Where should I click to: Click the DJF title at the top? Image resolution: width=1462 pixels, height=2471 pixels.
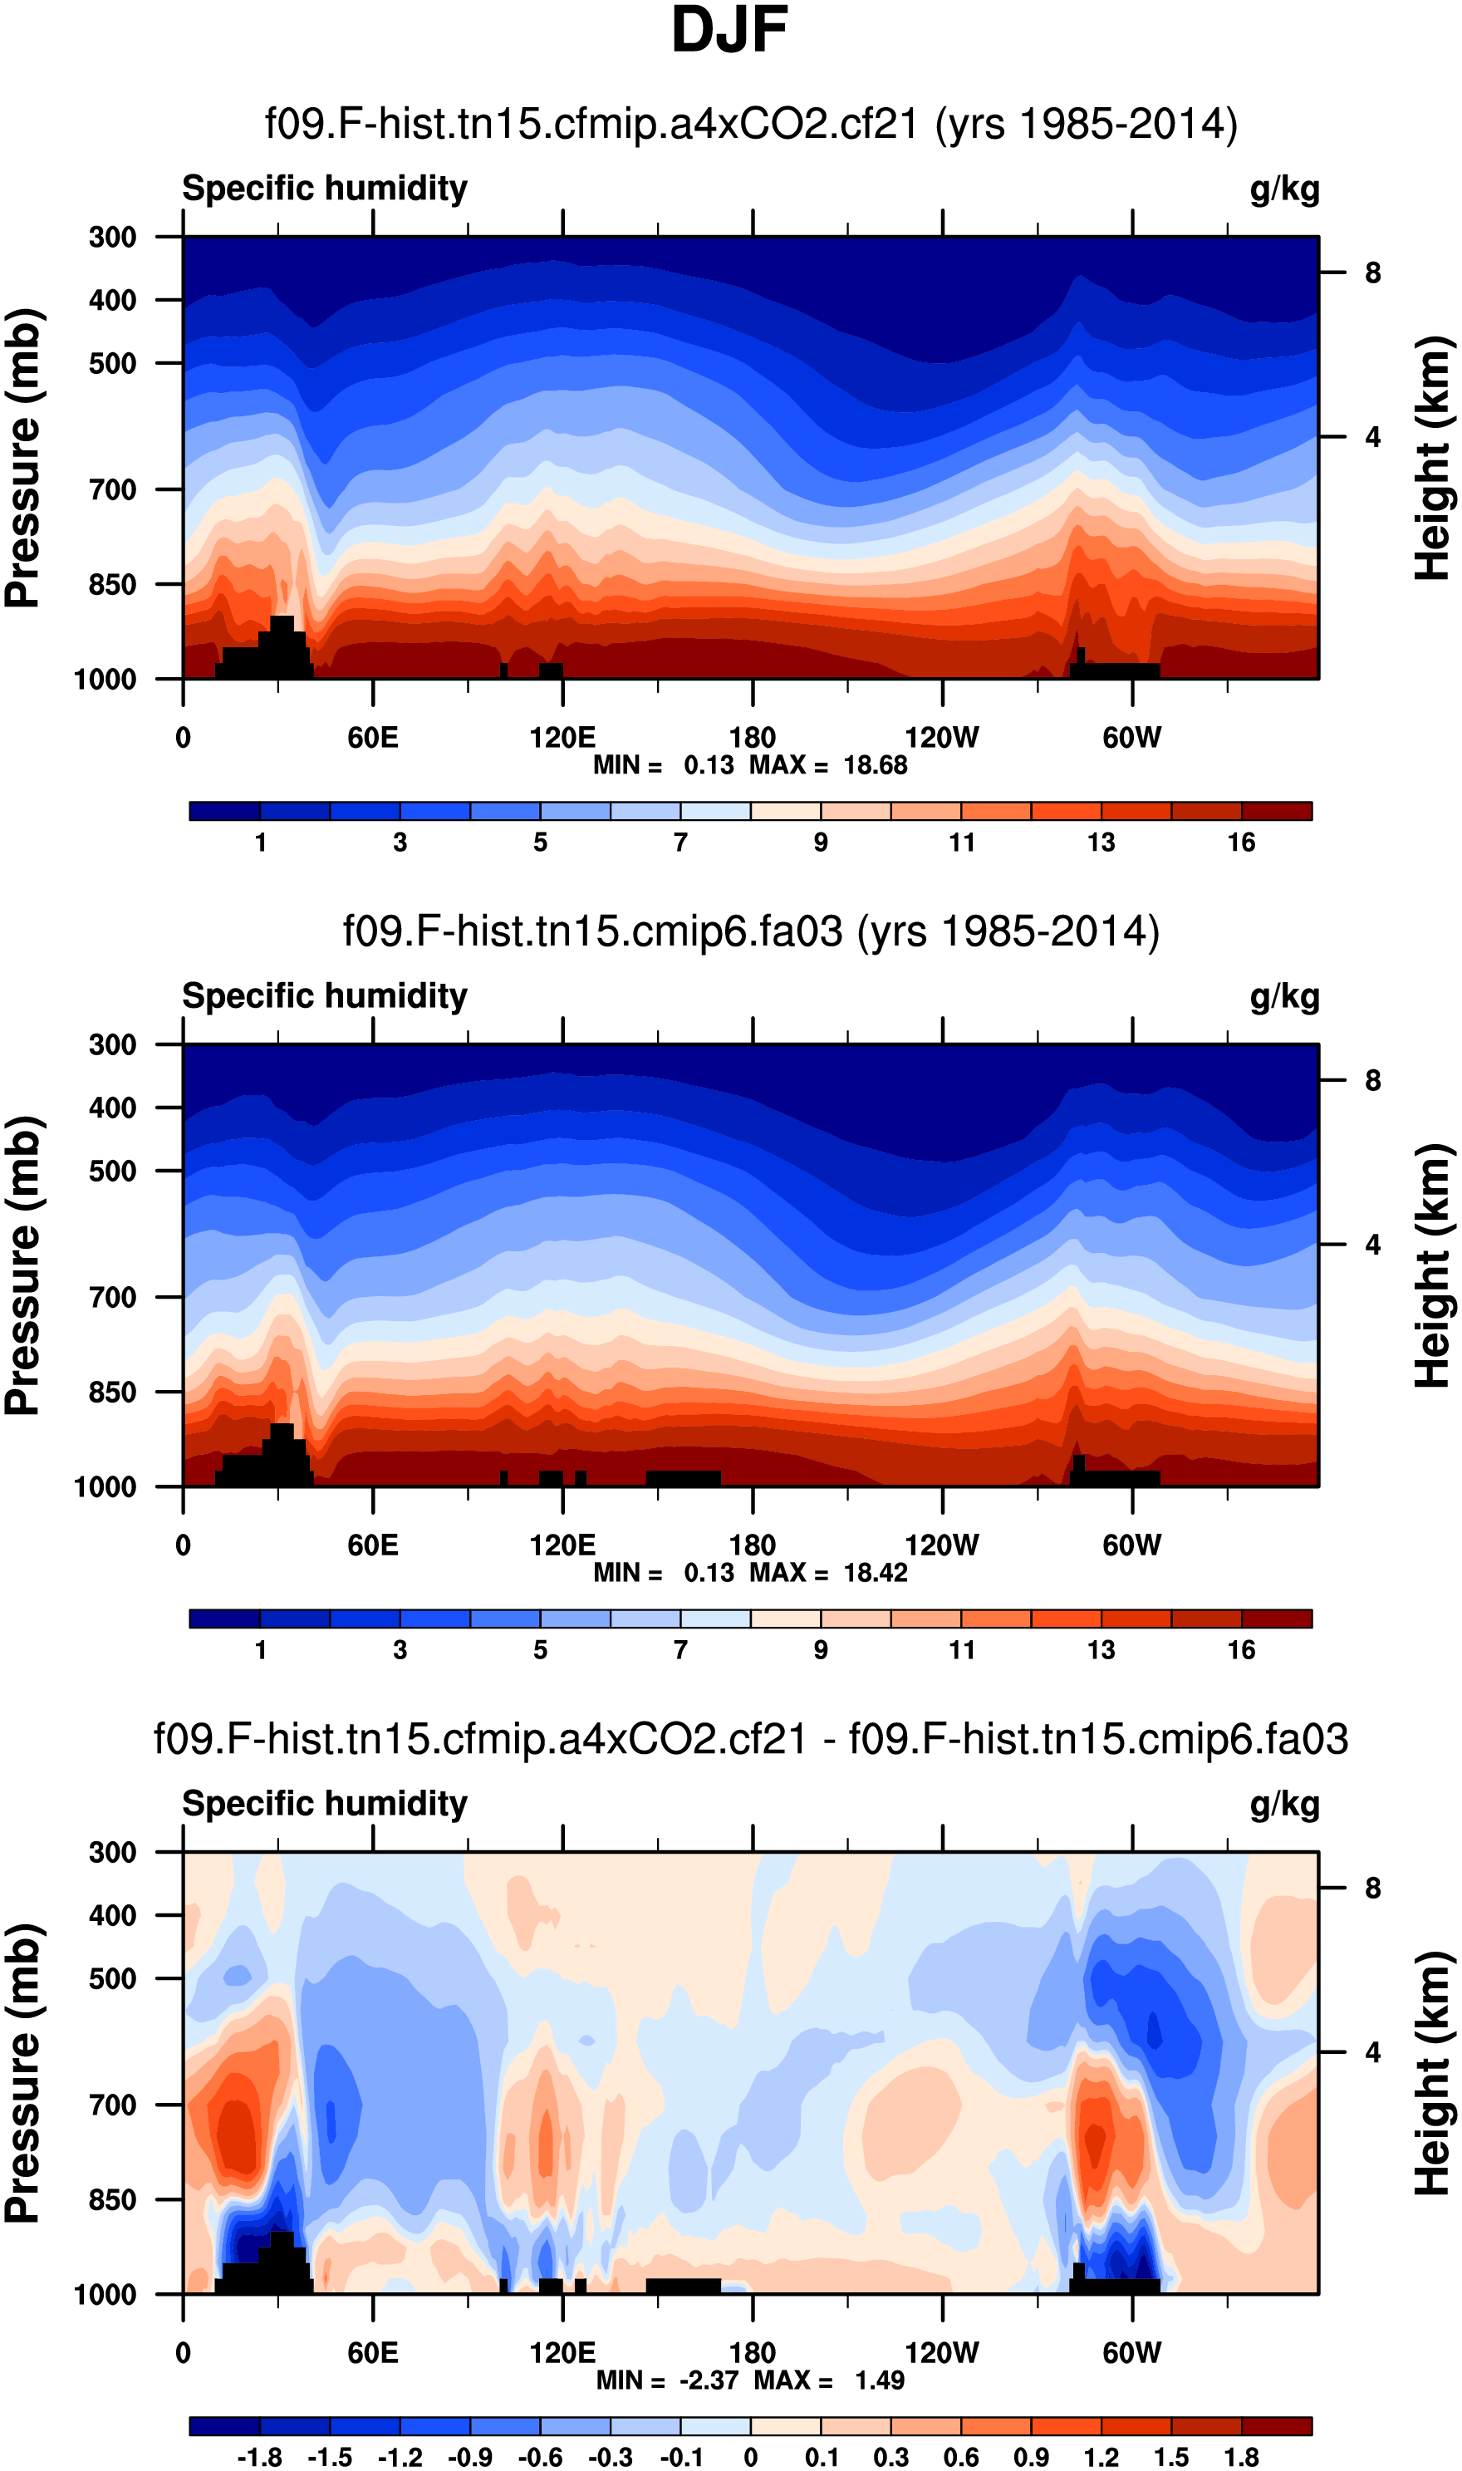tap(729, 30)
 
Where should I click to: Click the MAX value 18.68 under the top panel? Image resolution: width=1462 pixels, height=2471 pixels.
tap(875, 765)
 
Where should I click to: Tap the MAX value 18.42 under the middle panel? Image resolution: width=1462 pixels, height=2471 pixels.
tap(875, 1574)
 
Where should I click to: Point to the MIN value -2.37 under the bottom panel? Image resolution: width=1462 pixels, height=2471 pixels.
tap(709, 2380)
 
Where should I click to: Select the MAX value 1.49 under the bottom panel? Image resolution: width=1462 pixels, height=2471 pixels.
tap(879, 2380)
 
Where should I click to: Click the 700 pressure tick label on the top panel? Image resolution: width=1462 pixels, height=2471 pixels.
tap(112, 489)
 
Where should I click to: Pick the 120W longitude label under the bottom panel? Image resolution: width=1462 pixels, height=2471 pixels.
tap(942, 2353)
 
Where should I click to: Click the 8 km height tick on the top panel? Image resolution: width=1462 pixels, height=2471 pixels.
tap(1372, 273)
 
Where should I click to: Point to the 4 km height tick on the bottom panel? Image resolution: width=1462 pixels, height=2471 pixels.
tap(1372, 2052)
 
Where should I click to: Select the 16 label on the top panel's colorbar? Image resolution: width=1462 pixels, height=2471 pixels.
tap(1240, 842)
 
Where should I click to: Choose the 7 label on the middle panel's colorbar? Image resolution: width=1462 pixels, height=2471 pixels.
tap(681, 1650)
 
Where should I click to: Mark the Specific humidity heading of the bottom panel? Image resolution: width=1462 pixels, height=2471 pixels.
tap(324, 1803)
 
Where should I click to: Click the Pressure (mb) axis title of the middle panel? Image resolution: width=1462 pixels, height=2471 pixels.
tap(23, 1266)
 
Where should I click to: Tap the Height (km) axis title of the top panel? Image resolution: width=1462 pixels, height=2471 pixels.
tap(1434, 458)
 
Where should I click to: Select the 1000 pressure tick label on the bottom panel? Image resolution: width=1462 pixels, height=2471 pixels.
tap(105, 2295)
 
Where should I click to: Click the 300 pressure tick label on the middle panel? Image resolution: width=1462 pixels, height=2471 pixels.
tap(112, 1044)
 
